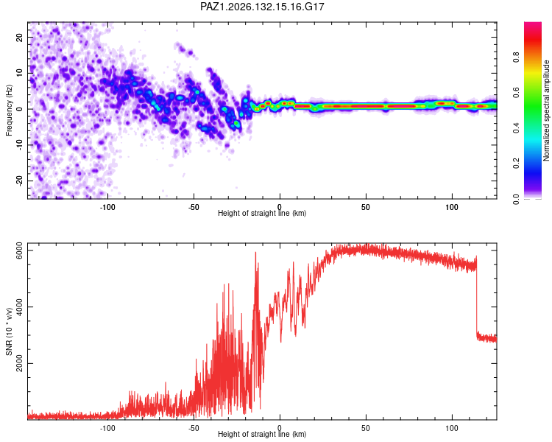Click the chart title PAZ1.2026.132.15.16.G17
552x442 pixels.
click(x=262, y=7)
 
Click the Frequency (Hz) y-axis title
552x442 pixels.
click(x=9, y=110)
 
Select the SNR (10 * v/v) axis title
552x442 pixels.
click(x=9, y=331)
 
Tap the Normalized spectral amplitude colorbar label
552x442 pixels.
click(x=546, y=110)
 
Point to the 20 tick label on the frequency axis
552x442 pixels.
click(x=19, y=38)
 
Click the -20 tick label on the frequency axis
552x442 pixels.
click(x=19, y=180)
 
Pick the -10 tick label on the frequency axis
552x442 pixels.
click(x=19, y=144)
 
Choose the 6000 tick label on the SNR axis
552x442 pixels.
click(x=19, y=250)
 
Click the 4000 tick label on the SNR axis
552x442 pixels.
click(x=19, y=307)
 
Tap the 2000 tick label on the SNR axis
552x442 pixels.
click(x=19, y=363)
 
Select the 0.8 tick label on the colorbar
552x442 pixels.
click(x=516, y=57)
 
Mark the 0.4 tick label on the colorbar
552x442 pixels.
click(x=516, y=128)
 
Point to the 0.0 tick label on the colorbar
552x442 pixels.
click(x=516, y=199)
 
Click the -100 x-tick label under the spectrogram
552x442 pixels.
click(x=107, y=207)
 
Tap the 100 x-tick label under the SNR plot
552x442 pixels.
click(x=452, y=428)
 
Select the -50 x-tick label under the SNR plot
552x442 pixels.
click(x=194, y=428)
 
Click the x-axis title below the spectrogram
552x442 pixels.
click(x=262, y=213)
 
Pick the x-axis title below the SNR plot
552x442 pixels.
click(x=262, y=434)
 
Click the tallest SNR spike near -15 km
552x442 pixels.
click(x=255, y=253)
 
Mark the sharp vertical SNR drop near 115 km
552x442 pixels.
click(x=477, y=296)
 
